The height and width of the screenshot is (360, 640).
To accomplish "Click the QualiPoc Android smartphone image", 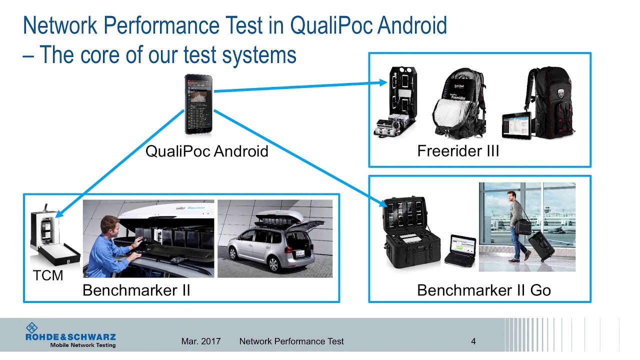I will coord(198,104).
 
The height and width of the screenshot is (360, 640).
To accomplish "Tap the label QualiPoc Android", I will coord(206,151).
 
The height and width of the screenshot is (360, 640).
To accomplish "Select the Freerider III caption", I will coord(458,150).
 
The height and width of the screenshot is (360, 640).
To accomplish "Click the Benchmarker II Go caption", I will coord(483,290).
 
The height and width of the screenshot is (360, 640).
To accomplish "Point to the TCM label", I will coord(48,275).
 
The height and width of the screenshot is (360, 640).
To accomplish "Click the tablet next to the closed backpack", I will coord(516,125).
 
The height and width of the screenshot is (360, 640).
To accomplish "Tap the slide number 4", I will coord(473,341).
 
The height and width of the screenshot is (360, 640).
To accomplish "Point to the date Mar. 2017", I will coord(200,341).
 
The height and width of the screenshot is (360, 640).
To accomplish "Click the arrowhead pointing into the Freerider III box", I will coord(384,83).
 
